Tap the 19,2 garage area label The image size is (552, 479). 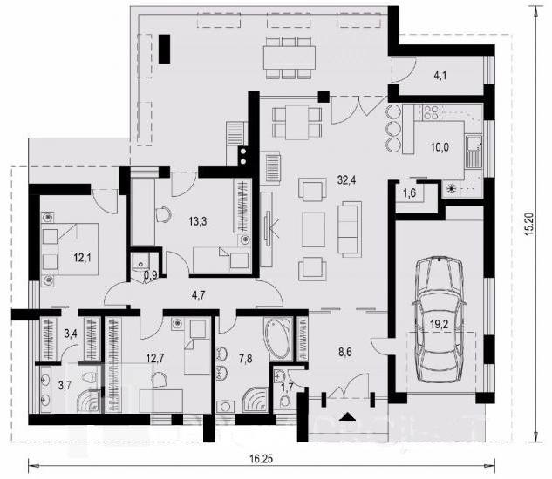tap(439, 325)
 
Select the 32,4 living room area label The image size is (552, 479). tap(346, 180)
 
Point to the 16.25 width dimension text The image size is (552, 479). tap(262, 459)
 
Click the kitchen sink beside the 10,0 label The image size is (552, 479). tap(474, 152)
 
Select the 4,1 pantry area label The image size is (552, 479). tap(440, 76)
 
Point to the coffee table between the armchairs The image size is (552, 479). tap(313, 230)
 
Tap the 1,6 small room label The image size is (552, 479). tap(409, 192)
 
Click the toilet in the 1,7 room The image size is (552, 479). tap(285, 401)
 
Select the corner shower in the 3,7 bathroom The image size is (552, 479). tap(88, 401)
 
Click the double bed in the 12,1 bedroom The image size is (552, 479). tap(70, 248)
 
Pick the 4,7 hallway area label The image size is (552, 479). tap(199, 295)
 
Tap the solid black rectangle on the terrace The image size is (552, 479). tap(164, 49)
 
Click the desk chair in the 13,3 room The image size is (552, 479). tap(163, 214)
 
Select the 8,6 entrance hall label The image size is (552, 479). tap(345, 352)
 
